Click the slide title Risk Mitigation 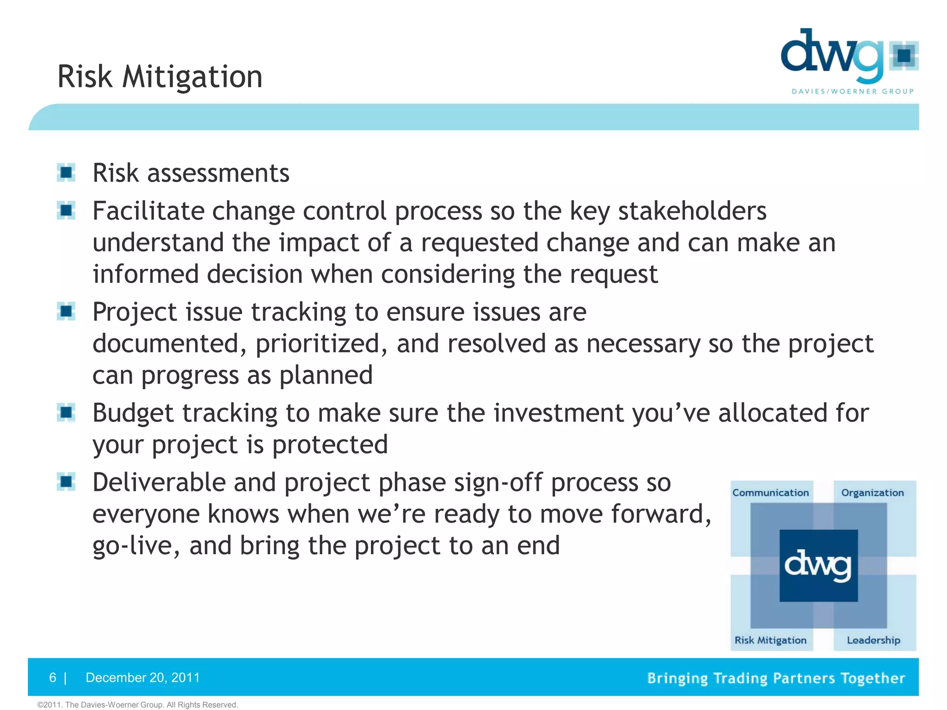pyautogui.click(x=160, y=76)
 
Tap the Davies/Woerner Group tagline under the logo pyautogui.click(x=853, y=92)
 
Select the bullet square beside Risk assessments pyautogui.click(x=66, y=173)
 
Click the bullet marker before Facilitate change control pyautogui.click(x=66, y=211)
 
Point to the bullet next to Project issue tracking pyautogui.click(x=66, y=312)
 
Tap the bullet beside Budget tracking pyautogui.click(x=66, y=412)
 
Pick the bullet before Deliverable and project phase pyautogui.click(x=66, y=482)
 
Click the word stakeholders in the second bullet pyautogui.click(x=692, y=211)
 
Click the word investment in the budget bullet pyautogui.click(x=558, y=413)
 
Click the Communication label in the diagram pyautogui.click(x=770, y=493)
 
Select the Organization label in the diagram pyautogui.click(x=872, y=493)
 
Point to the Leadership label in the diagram pyautogui.click(x=873, y=640)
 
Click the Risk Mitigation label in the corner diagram pyautogui.click(x=770, y=640)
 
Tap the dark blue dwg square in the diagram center pyautogui.click(x=818, y=566)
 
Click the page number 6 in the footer pyautogui.click(x=53, y=678)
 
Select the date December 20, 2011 pyautogui.click(x=142, y=678)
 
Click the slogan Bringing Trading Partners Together pyautogui.click(x=775, y=678)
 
